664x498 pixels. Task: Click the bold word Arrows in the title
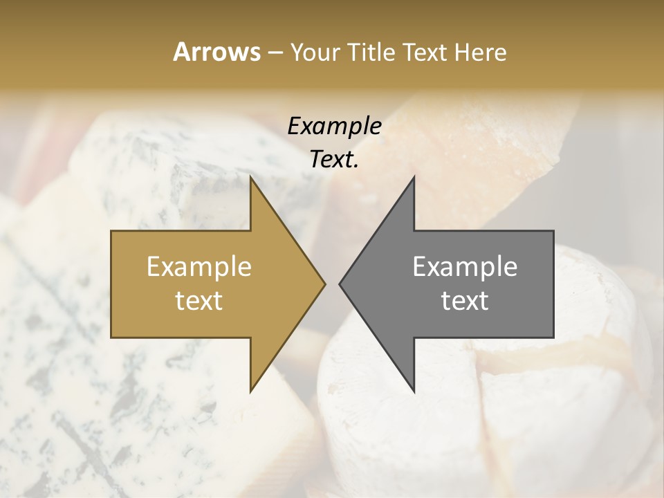pos(216,52)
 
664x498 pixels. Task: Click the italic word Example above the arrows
pos(334,127)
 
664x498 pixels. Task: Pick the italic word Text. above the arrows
pos(334,160)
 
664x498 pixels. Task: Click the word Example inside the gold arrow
pos(199,267)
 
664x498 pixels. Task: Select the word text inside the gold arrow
pos(199,300)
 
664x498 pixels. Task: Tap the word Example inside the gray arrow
pos(465,267)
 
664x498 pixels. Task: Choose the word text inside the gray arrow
pos(465,300)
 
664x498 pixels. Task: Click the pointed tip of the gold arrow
pos(324,284)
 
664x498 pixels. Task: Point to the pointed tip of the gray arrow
pos(340,284)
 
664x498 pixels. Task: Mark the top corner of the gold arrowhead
pos(250,177)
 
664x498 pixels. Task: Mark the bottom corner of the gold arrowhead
pos(250,391)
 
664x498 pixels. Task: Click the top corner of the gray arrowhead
pos(414,177)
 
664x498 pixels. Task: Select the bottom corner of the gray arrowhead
pos(414,391)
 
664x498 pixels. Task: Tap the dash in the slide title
pos(275,53)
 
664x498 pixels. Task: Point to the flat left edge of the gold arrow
pos(111,284)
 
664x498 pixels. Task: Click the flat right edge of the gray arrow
pos(553,284)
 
